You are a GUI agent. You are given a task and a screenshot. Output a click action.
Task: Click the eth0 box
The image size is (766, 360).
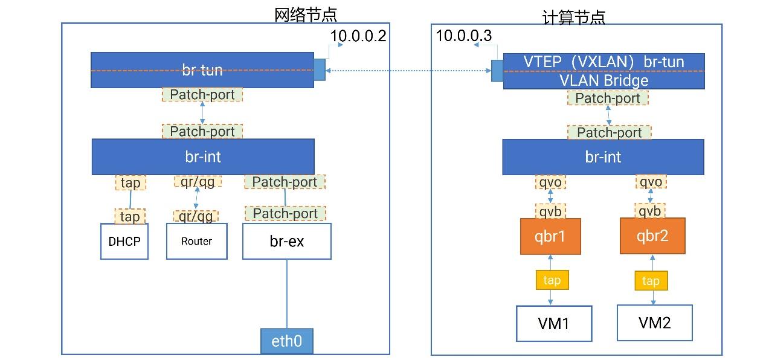(287, 341)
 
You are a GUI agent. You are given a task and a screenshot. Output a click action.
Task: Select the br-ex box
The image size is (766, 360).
(287, 242)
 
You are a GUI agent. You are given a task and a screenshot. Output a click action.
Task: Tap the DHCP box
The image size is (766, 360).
(124, 242)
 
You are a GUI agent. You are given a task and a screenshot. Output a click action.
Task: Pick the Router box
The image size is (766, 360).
(197, 242)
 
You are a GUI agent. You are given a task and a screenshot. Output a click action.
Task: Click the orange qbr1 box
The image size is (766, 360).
(550, 237)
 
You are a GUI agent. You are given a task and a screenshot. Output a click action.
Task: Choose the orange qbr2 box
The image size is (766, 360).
(652, 237)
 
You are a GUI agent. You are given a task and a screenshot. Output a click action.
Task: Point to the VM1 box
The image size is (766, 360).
(553, 323)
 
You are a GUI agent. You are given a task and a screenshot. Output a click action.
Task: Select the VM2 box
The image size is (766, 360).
(654, 323)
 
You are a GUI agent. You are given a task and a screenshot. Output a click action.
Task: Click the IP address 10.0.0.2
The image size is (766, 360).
(358, 36)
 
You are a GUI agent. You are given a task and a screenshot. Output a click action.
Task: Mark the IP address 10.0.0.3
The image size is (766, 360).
(464, 36)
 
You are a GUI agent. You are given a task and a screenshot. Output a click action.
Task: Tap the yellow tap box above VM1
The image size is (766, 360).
(552, 280)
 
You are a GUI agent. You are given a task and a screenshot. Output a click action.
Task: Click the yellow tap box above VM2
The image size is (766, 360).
(651, 281)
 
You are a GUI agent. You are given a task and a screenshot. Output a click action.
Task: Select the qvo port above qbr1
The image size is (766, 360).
(550, 182)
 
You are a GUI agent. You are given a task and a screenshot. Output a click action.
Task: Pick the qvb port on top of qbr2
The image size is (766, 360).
(650, 211)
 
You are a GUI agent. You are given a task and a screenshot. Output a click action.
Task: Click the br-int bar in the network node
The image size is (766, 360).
(203, 157)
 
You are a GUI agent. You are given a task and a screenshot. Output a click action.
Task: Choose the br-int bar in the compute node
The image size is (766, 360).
(603, 157)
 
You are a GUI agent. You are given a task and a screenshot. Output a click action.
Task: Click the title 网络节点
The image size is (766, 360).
(305, 14)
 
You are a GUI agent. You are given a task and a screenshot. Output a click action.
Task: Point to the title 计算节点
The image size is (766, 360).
(573, 16)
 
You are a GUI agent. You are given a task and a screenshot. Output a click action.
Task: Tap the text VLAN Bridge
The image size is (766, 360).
(604, 81)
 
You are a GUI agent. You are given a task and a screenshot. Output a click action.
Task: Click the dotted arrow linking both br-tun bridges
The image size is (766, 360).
(408, 71)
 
